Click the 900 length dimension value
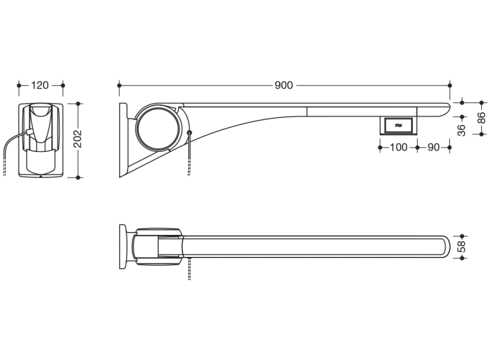tap(283, 85)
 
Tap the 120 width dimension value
tap(40, 85)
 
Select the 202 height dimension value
tap(78, 139)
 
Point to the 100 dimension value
tap(398, 147)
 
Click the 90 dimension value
tap(434, 147)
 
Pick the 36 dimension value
tap(462, 130)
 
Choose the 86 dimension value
tap(481, 118)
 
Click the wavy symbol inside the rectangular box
tap(398, 126)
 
